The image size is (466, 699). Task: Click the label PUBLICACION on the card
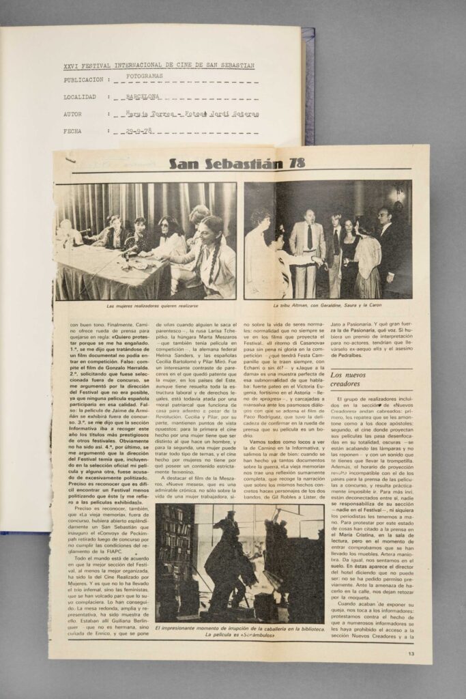83,79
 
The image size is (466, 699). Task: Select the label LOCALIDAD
80,97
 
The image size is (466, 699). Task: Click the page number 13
411,653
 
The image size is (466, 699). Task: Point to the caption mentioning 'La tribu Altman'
327,305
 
